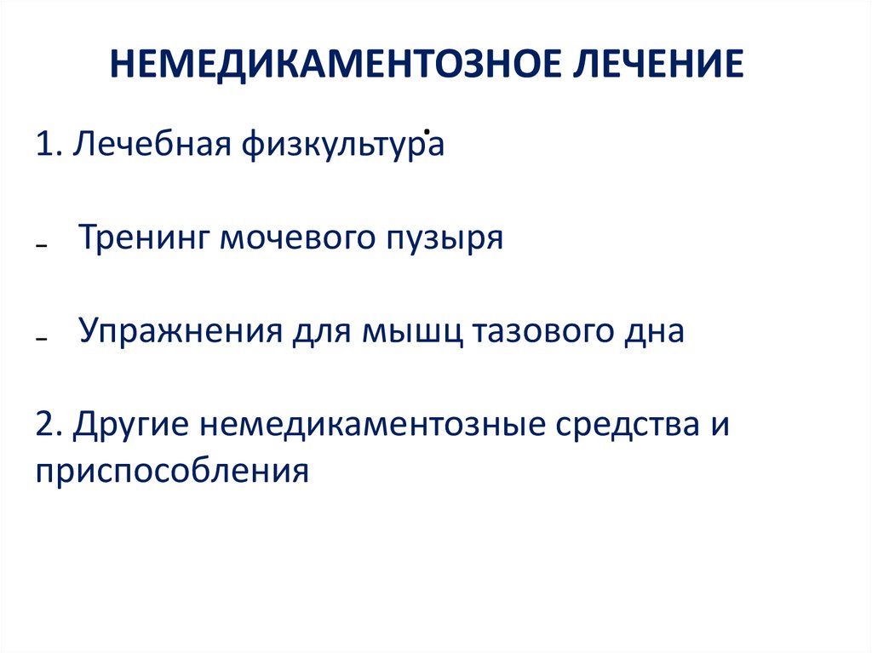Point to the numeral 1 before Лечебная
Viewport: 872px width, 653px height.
coord(44,145)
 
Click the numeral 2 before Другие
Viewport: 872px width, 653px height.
coord(44,424)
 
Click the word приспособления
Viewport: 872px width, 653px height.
coord(171,469)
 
